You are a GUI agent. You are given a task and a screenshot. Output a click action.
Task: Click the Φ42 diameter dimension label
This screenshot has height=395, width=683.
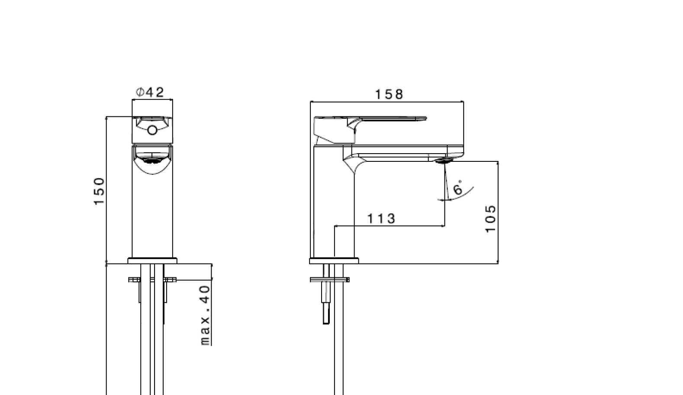[x=150, y=92]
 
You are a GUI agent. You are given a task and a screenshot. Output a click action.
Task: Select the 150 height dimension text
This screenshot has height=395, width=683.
[x=99, y=191]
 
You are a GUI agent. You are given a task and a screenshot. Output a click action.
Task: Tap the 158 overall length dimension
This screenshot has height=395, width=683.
[x=389, y=94]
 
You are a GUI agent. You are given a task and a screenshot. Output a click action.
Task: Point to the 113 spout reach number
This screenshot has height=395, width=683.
[x=381, y=218]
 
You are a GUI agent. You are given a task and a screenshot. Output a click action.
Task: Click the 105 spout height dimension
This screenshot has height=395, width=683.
[x=490, y=219]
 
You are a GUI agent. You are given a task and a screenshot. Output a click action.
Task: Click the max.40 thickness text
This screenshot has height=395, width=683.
[x=205, y=315]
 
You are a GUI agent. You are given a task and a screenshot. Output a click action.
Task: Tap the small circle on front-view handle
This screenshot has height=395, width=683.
[x=152, y=131]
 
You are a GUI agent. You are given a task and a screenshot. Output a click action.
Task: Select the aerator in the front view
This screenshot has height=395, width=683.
[x=152, y=160]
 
